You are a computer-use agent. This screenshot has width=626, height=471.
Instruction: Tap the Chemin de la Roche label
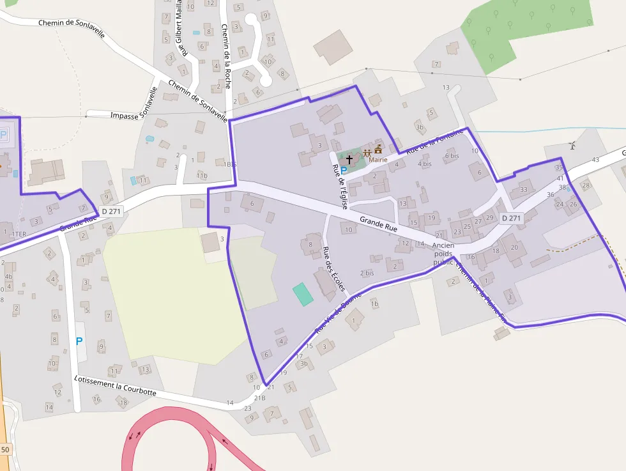(225, 56)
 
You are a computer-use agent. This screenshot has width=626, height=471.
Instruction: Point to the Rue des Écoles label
(333, 269)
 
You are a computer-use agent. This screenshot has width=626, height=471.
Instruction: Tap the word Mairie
(378, 159)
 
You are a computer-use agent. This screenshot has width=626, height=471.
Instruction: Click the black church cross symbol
(349, 158)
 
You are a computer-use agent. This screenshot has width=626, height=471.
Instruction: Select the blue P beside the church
(344, 171)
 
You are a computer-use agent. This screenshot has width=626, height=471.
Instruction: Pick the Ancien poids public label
(443, 254)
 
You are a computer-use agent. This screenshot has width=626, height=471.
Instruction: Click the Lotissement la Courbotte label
(115, 385)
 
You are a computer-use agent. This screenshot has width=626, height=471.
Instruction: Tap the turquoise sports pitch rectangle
(303, 293)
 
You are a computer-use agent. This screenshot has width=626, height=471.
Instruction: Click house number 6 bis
(452, 156)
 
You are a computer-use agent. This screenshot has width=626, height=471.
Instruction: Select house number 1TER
(19, 234)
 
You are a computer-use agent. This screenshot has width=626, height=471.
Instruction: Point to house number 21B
(259, 398)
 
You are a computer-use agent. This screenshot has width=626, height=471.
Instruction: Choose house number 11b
(202, 175)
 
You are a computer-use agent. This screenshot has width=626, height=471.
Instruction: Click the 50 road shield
(5, 450)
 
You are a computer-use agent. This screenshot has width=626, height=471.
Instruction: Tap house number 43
(596, 159)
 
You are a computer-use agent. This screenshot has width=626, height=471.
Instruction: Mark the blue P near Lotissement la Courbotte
(79, 341)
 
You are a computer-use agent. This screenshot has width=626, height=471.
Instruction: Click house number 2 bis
(367, 273)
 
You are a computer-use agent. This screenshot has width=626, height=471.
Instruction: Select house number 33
(524, 189)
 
